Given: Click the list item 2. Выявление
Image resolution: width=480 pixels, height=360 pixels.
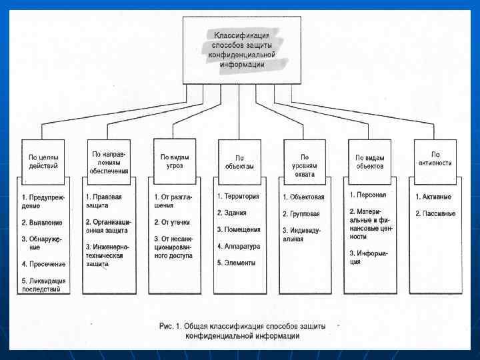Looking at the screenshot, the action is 43,222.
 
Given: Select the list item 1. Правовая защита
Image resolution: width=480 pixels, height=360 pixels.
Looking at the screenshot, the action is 104,201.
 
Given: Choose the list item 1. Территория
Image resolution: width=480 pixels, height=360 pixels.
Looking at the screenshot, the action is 238,197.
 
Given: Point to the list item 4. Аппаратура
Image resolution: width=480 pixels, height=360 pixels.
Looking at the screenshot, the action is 239,246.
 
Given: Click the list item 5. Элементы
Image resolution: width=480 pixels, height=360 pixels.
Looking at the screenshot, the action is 236,263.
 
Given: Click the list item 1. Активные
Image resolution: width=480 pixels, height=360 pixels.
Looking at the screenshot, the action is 434,197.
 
